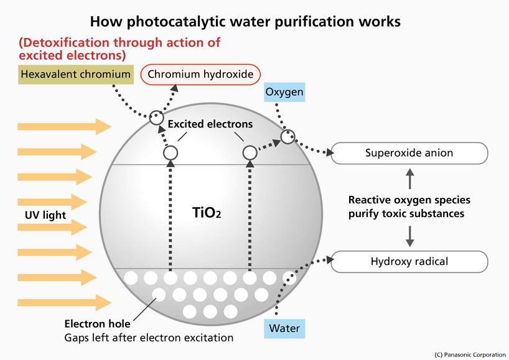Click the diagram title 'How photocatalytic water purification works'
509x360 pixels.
[x=245, y=21]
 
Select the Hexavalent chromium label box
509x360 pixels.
[x=75, y=75]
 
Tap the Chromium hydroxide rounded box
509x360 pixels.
[x=200, y=75]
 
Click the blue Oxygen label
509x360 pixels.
[x=284, y=93]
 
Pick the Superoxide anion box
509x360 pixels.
[x=409, y=153]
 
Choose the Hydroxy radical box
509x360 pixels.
[x=409, y=262]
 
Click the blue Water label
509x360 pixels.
[x=284, y=328]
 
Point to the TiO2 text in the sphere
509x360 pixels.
[x=207, y=213]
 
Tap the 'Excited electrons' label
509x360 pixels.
[x=210, y=124]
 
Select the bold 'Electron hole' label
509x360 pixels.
[x=98, y=323]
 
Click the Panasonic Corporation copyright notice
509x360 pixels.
[x=470, y=354]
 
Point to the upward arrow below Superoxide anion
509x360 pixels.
[x=409, y=180]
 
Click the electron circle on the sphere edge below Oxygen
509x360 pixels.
[x=287, y=136]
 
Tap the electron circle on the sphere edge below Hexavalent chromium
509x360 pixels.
[x=156, y=116]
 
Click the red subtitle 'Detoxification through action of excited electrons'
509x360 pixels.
[x=119, y=49]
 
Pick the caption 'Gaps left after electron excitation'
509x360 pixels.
[x=149, y=338]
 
